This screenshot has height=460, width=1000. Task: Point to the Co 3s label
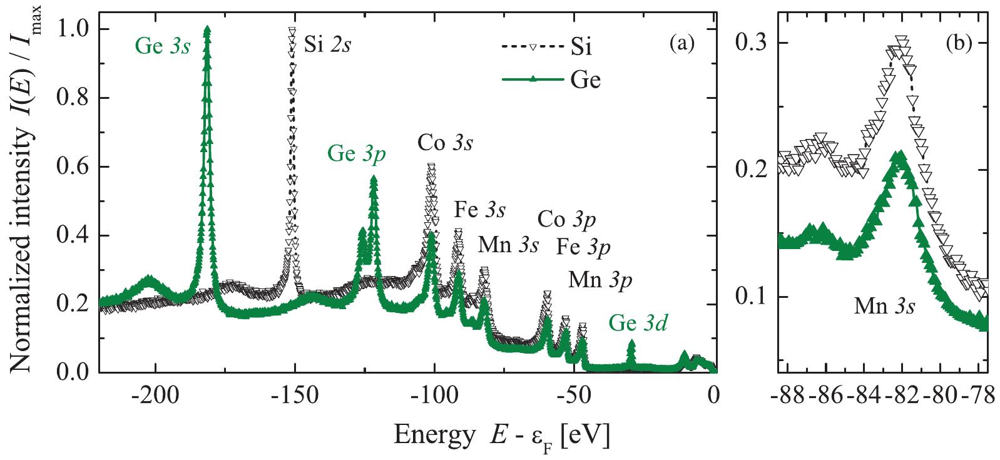pos(445,143)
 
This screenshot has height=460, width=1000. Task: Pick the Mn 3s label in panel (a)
pos(508,245)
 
